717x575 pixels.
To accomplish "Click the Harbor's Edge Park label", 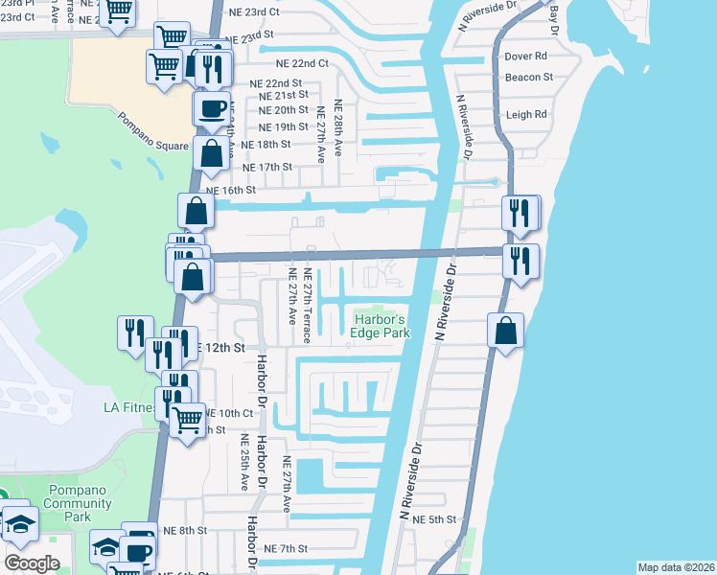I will click(x=382, y=326).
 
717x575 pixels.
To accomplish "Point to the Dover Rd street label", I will click(x=526, y=57).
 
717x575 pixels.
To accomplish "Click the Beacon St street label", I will click(x=529, y=77).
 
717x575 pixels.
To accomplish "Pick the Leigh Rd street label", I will click(x=526, y=114).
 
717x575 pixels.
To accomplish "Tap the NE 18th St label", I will click(x=266, y=144).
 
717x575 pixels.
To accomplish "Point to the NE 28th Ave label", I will click(x=338, y=123).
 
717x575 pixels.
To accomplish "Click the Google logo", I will click(x=32, y=563).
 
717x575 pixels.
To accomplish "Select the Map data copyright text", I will click(x=676, y=567).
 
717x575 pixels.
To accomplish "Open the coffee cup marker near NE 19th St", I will click(x=210, y=107).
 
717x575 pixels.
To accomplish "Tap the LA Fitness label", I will click(x=129, y=407).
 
